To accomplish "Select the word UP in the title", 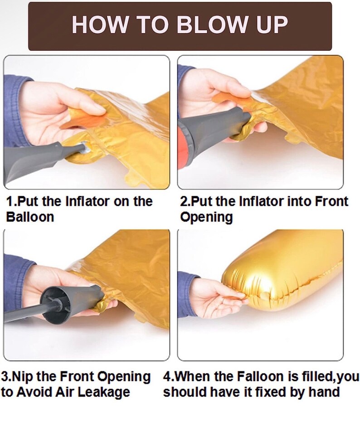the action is pos(272,24).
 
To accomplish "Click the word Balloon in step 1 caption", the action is pos(30,217).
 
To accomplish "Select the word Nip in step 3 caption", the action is pos(24,376).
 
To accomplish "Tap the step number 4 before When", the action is pos(167,376).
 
